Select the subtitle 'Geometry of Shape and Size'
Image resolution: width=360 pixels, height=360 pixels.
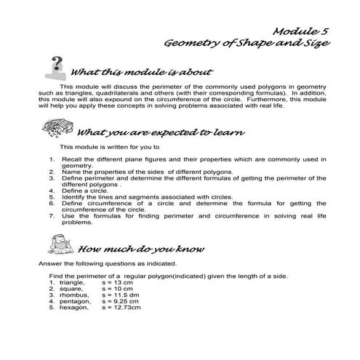click(x=248, y=45)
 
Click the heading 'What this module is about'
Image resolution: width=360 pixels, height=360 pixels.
click(x=142, y=73)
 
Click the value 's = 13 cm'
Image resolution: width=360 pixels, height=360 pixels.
click(x=119, y=283)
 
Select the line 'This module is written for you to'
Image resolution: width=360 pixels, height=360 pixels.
click(x=110, y=146)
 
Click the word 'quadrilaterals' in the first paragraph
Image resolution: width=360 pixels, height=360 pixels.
click(x=119, y=94)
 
